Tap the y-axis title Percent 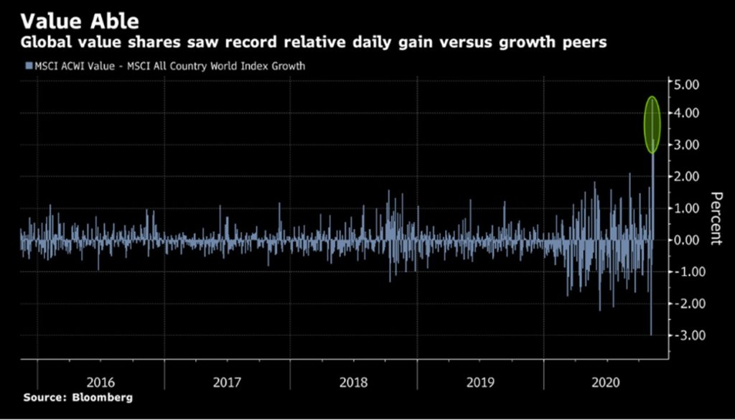pos(715,218)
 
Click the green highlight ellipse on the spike pos(652,124)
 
